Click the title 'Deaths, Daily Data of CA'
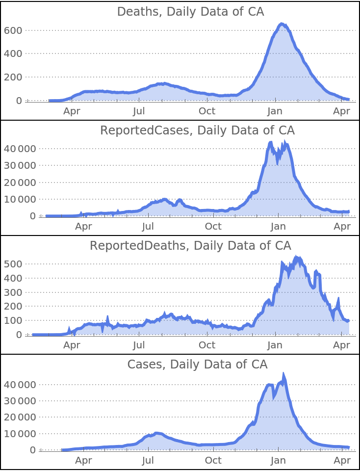click(x=190, y=12)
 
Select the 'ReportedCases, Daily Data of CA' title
click(x=197, y=131)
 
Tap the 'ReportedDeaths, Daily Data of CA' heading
click(x=190, y=245)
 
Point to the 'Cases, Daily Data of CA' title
click(x=197, y=365)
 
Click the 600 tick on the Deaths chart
click(x=13, y=30)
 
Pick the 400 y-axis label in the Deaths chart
click(x=13, y=53)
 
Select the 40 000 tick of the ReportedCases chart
click(x=20, y=149)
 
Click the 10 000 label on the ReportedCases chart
click(x=20, y=199)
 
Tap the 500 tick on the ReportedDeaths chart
click(x=13, y=264)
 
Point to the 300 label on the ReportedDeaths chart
click(x=13, y=292)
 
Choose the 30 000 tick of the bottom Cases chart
click(x=20, y=401)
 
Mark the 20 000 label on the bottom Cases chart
click(x=20, y=418)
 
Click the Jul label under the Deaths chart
click(x=139, y=111)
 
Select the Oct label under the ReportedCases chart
click(x=213, y=227)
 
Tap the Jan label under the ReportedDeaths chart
click(x=275, y=345)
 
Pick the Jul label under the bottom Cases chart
click(x=148, y=461)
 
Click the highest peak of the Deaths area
click(x=282, y=23)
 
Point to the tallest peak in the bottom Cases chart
click(x=283, y=373)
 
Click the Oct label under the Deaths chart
click(x=207, y=111)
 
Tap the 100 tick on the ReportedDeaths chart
click(x=13, y=320)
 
